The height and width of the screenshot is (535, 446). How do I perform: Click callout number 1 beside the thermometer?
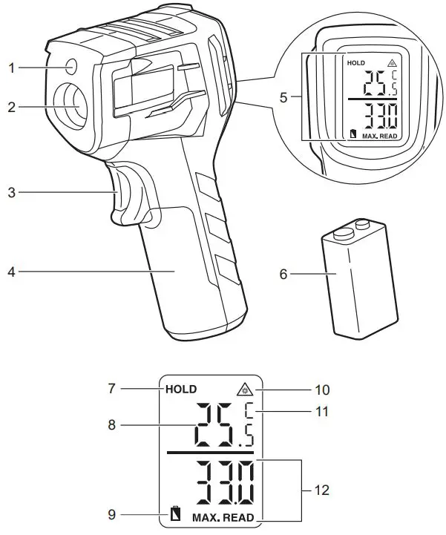12,68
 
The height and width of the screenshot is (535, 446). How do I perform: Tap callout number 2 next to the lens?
12,107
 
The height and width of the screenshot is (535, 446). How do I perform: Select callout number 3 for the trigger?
12,192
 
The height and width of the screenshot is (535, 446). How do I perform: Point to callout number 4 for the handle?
12,272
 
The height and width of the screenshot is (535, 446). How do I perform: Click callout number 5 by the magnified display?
283,98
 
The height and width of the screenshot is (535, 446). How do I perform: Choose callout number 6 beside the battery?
283,274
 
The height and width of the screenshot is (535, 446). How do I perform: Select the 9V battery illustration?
358,279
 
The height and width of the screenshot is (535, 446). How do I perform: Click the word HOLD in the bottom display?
181,390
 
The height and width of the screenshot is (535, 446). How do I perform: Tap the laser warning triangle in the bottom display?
245,390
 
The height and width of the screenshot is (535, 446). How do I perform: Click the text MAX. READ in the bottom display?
223,518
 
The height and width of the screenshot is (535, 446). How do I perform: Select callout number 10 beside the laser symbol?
321,390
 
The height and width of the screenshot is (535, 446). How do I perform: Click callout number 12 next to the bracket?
321,490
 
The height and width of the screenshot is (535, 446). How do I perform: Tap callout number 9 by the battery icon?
111,514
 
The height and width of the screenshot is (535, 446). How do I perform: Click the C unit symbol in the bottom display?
249,411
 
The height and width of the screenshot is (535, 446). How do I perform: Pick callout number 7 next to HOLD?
111,389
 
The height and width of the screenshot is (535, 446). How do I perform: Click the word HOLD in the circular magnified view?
356,63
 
